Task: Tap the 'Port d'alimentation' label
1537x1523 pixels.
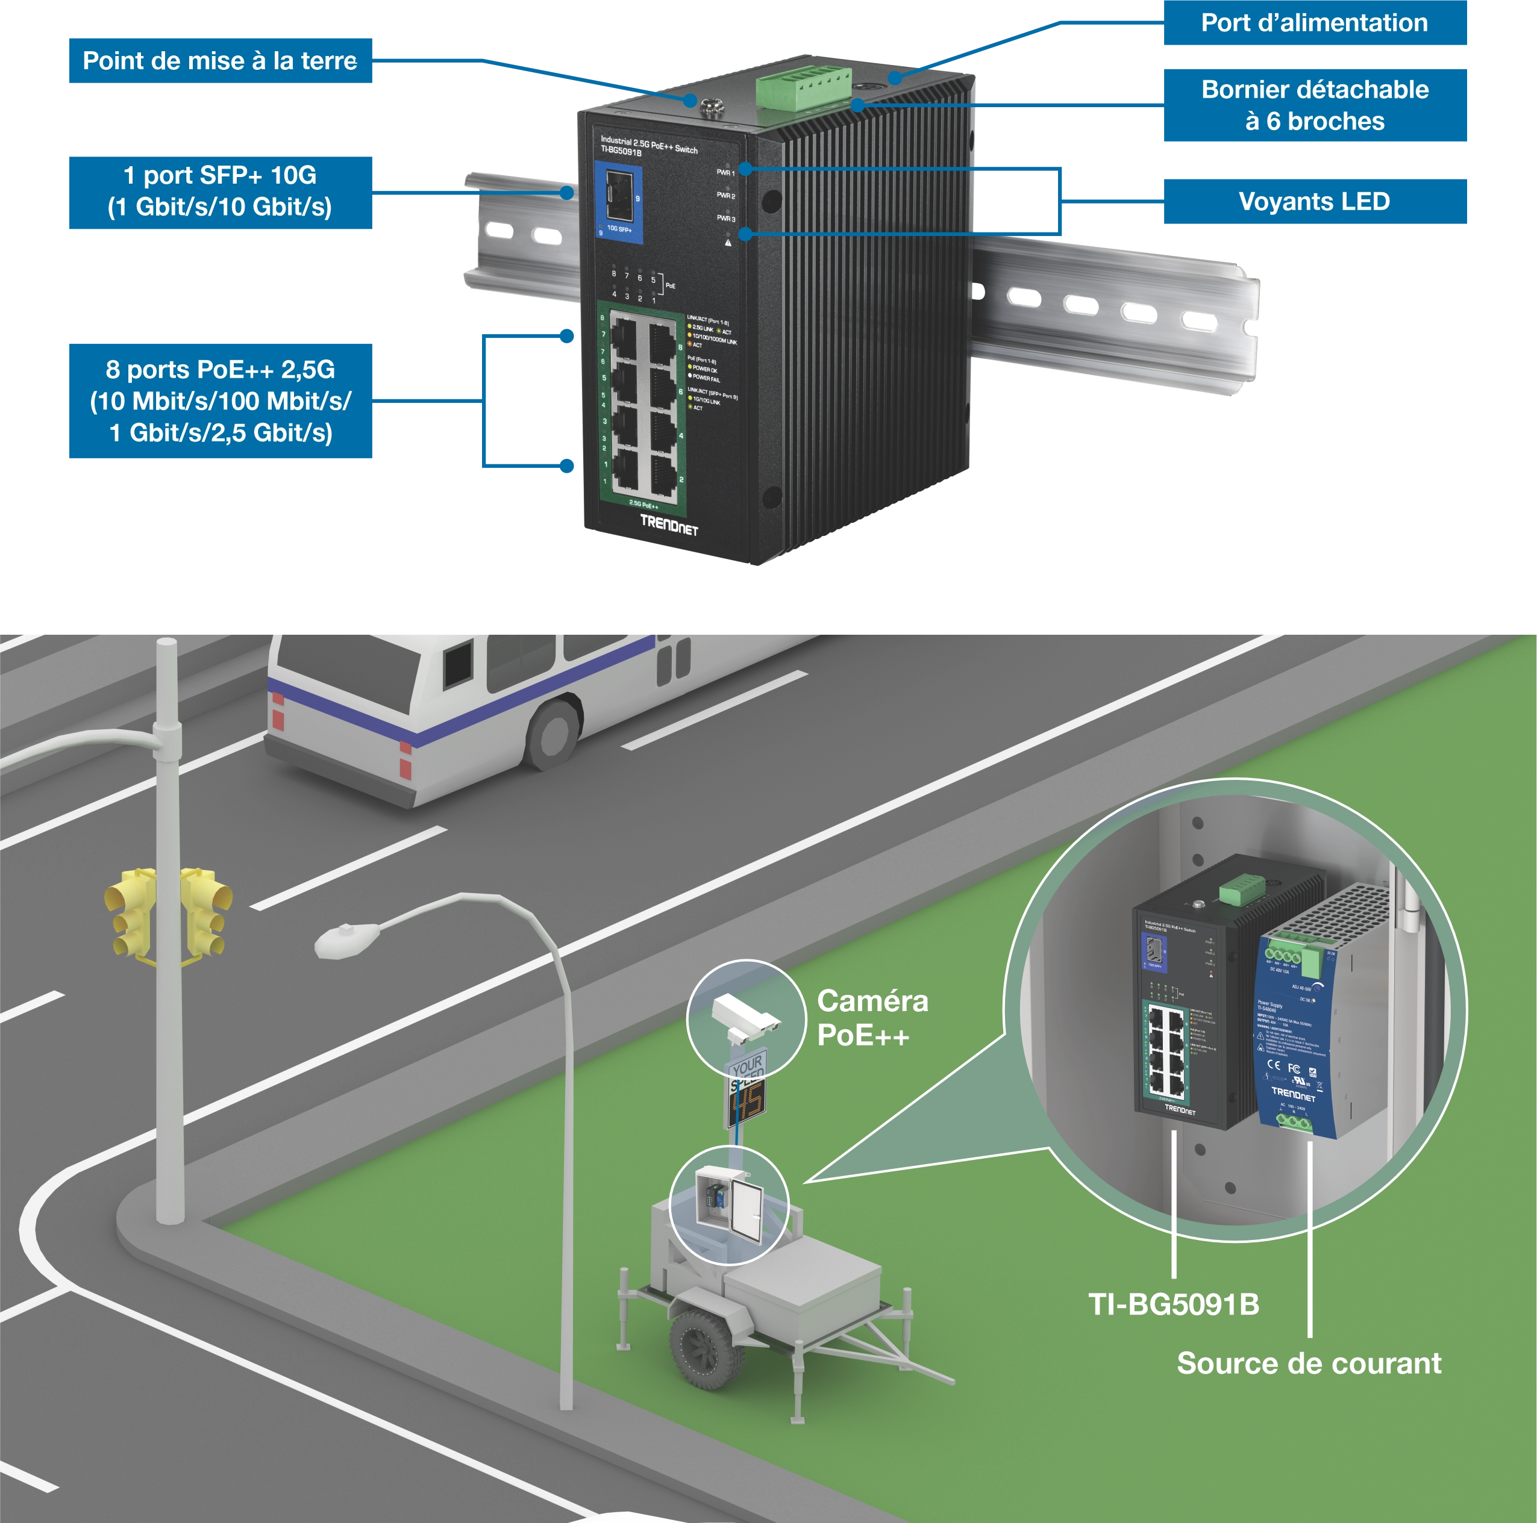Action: (1313, 23)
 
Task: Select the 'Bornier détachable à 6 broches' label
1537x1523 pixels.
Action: (1314, 105)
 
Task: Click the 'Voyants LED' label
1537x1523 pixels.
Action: (1313, 201)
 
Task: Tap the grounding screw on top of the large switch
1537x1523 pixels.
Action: (707, 104)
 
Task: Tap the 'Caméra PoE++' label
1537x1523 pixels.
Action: (872, 1018)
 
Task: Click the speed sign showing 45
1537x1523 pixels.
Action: (747, 1102)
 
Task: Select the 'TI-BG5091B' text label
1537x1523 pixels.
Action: (1174, 1304)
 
